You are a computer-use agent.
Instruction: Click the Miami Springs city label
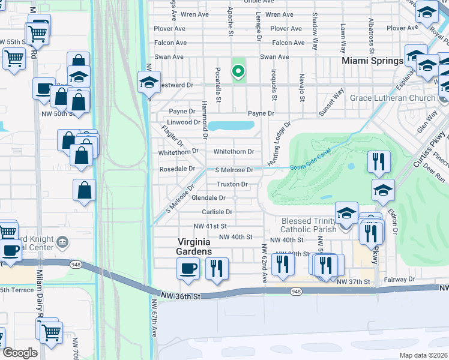tap(372, 61)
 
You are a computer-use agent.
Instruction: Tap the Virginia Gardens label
tap(194, 246)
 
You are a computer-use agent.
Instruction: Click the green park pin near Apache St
tap(238, 72)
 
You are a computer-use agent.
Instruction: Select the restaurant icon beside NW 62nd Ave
tap(281, 263)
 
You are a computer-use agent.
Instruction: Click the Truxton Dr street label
tap(232, 184)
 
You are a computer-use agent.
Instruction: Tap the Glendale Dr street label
tap(208, 197)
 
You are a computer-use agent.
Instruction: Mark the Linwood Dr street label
tap(184, 122)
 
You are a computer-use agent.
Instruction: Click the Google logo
tap(20, 353)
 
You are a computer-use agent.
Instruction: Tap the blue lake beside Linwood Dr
tap(231, 126)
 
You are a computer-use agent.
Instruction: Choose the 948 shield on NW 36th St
tap(295, 292)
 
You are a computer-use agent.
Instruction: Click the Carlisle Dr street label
tap(217, 212)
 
